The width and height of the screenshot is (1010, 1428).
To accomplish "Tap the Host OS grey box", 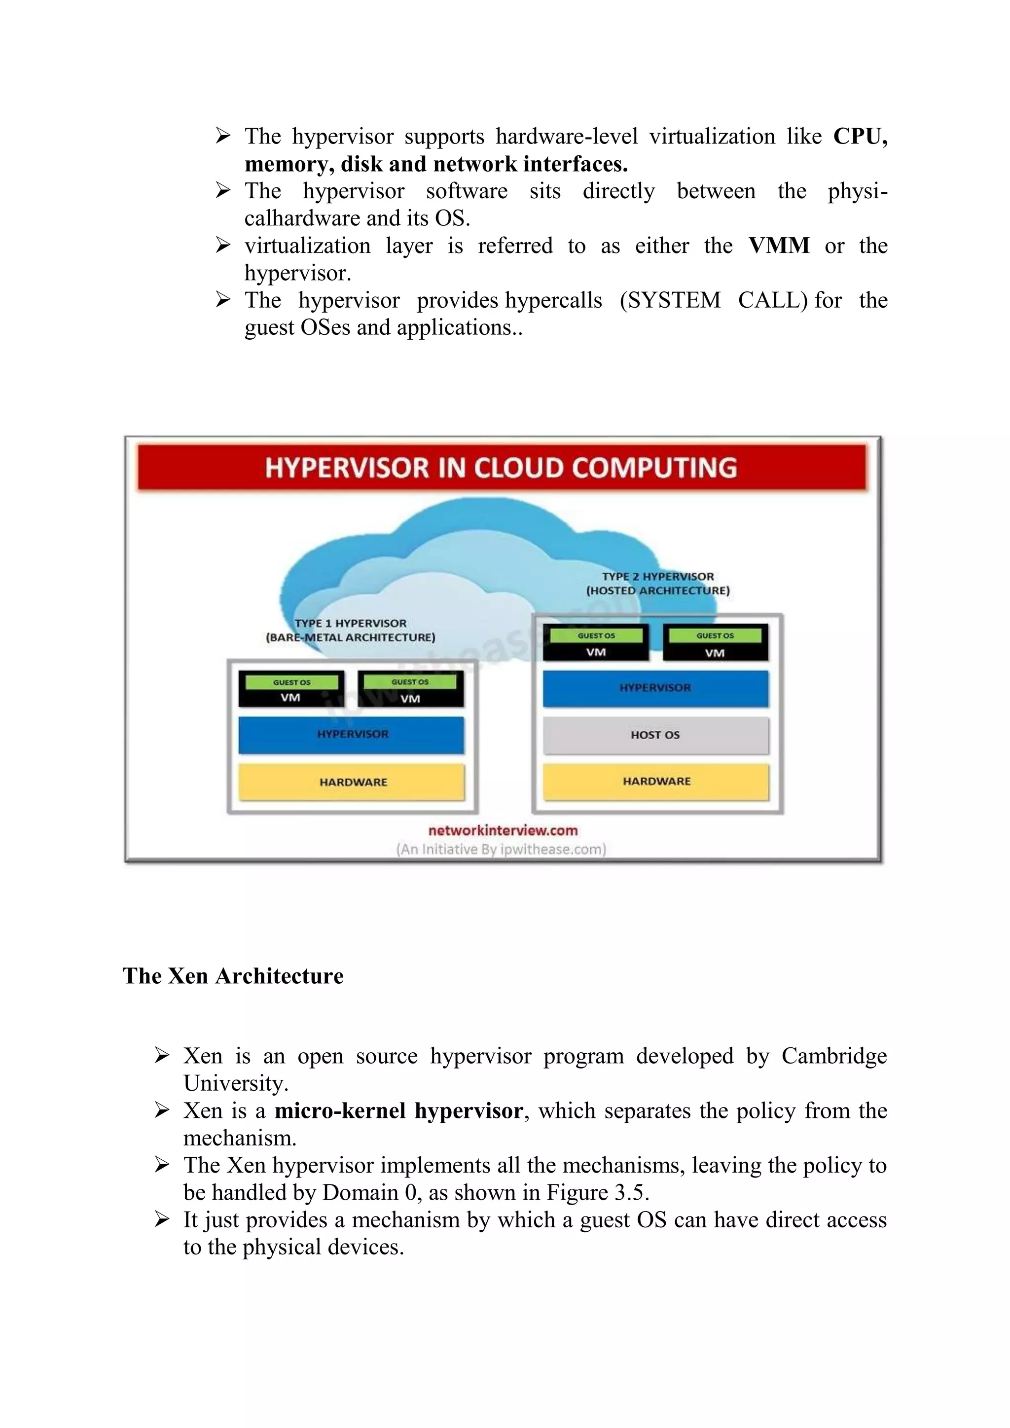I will click(x=655, y=735).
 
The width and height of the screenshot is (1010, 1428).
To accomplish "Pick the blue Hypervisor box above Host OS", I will click(x=655, y=688).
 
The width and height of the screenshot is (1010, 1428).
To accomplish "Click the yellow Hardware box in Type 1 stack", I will click(x=352, y=782).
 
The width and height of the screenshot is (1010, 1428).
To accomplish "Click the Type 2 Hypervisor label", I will click(x=658, y=583).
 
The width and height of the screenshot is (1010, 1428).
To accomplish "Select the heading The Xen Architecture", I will click(x=233, y=976).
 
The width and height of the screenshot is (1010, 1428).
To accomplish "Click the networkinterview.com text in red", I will click(x=503, y=830).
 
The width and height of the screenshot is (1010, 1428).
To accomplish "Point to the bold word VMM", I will click(x=779, y=246).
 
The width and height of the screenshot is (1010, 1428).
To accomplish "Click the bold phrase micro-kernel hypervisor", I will click(x=398, y=1110).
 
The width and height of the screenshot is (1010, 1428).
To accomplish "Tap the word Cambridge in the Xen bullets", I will click(x=833, y=1055).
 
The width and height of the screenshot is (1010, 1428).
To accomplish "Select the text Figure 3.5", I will click(x=597, y=1192).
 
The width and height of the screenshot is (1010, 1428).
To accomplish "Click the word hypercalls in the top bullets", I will click(x=553, y=300).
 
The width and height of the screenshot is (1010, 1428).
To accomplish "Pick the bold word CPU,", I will click(x=860, y=136).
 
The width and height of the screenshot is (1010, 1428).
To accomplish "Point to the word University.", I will click(x=235, y=1083).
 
